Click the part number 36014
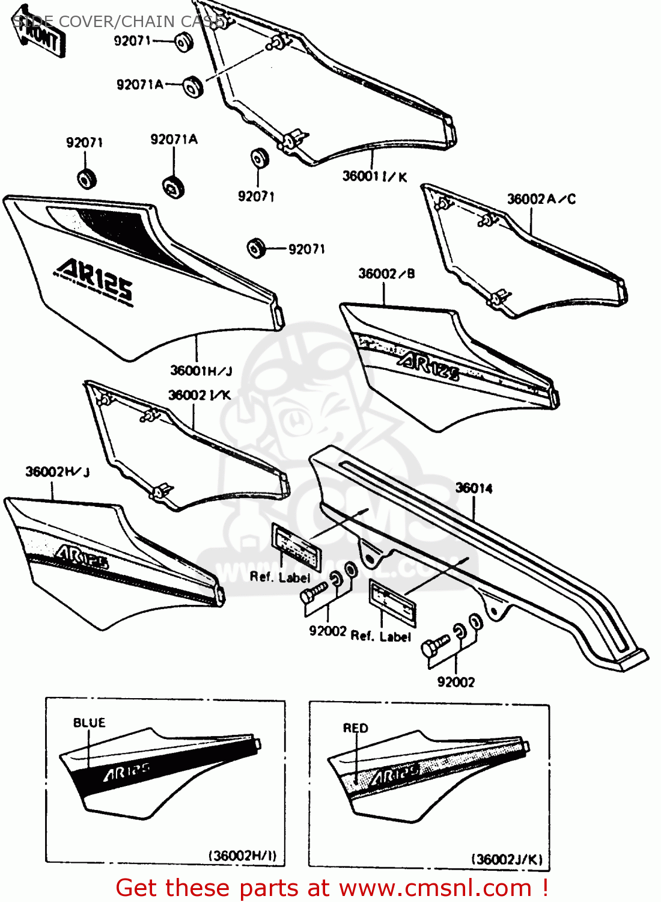click(474, 488)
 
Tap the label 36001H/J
click(201, 370)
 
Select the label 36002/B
click(386, 274)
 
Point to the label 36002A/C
click(541, 199)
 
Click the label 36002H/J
click(58, 472)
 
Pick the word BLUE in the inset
click(89, 722)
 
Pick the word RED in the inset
click(355, 728)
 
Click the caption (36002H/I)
click(242, 856)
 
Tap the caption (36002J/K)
click(507, 859)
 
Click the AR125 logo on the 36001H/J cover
click(95, 279)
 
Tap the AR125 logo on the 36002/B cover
click(428, 365)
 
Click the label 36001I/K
click(374, 176)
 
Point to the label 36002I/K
click(199, 395)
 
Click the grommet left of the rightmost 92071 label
click(257, 248)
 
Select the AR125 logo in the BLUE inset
click(126, 772)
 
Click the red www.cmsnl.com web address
click(436, 888)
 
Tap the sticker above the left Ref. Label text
click(296, 547)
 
